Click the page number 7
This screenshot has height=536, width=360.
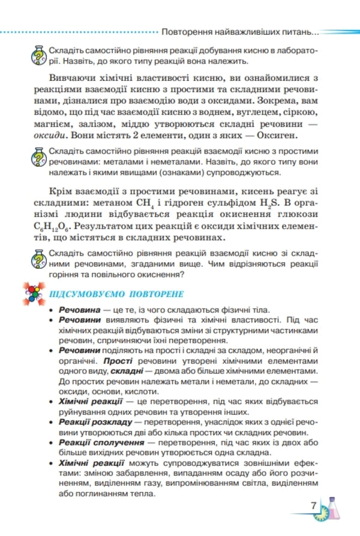click(x=313, y=505)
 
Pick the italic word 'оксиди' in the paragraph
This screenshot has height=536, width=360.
click(x=49, y=134)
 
